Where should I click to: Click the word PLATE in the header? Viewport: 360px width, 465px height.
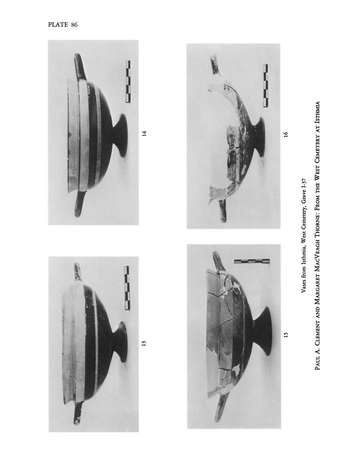[58, 25]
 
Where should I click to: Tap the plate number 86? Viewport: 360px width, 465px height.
[74, 25]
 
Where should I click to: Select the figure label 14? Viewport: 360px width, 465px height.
[144, 134]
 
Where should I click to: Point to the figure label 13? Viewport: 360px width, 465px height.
[144, 343]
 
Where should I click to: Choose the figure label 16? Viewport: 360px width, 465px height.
[285, 134]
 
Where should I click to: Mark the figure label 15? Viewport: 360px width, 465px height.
[286, 335]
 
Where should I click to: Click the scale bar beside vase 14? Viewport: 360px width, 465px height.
[128, 82]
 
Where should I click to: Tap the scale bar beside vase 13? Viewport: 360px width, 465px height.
[127, 287]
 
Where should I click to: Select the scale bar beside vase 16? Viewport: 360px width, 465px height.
[265, 86]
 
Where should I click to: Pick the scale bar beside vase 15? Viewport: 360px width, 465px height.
[252, 261]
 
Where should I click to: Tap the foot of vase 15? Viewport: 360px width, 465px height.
[262, 331]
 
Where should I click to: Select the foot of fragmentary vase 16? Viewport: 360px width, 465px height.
[258, 137]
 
